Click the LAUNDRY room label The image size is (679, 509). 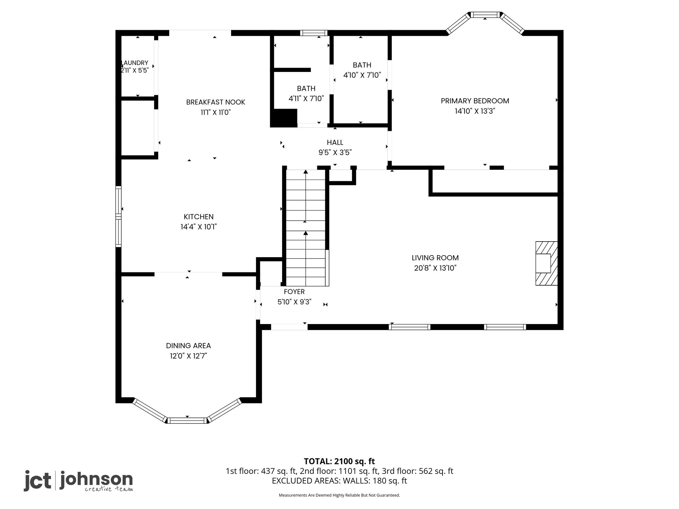pyautogui.click(x=135, y=63)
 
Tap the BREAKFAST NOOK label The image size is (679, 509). pyautogui.click(x=216, y=102)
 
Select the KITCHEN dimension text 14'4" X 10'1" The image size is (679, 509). pyautogui.click(x=199, y=227)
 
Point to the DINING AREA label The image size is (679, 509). pyautogui.click(x=188, y=346)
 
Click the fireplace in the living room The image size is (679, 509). pyautogui.click(x=546, y=263)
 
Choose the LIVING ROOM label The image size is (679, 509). pyautogui.click(x=435, y=258)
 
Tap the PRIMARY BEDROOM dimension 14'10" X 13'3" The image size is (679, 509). pyautogui.click(x=475, y=111)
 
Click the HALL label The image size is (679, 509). pyautogui.click(x=335, y=142)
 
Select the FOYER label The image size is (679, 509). pyautogui.click(x=294, y=292)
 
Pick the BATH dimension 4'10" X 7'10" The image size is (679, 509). pyautogui.click(x=362, y=75)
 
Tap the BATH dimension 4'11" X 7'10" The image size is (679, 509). pyautogui.click(x=306, y=99)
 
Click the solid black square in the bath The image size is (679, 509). pyautogui.click(x=284, y=118)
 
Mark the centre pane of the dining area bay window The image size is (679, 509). pyautogui.click(x=187, y=421)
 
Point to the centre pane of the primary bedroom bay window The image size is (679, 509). pyautogui.click(x=485, y=15)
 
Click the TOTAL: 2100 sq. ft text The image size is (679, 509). pyautogui.click(x=339, y=461)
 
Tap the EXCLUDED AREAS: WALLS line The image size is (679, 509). pyautogui.click(x=339, y=481)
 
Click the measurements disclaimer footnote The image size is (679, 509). pyautogui.click(x=339, y=495)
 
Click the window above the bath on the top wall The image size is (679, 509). pyautogui.click(x=314, y=33)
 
